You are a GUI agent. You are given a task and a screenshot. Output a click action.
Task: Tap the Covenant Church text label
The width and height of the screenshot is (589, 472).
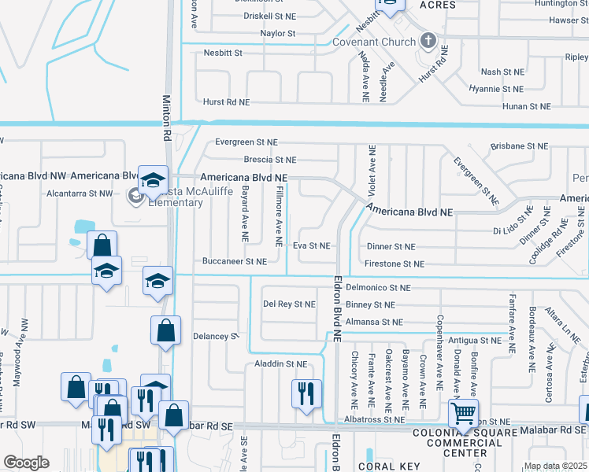(x=373, y=42)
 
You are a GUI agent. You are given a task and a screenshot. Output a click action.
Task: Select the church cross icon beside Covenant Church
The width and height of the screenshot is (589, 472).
(x=428, y=39)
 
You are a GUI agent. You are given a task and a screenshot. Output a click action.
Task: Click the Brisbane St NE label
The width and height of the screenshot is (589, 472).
(x=518, y=146)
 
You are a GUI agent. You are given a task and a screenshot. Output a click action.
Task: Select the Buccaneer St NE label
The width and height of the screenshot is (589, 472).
(x=235, y=261)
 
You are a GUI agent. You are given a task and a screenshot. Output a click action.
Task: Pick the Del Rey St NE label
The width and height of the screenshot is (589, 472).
(x=289, y=304)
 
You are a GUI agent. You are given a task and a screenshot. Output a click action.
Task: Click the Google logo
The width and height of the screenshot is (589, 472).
(x=27, y=463)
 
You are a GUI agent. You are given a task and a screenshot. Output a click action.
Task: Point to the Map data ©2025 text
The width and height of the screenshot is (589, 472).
(x=555, y=466)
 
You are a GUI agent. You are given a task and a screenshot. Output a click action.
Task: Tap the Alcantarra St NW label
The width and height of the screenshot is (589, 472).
(x=80, y=192)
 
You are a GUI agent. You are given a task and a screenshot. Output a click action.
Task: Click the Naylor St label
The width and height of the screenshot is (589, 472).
(x=278, y=34)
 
